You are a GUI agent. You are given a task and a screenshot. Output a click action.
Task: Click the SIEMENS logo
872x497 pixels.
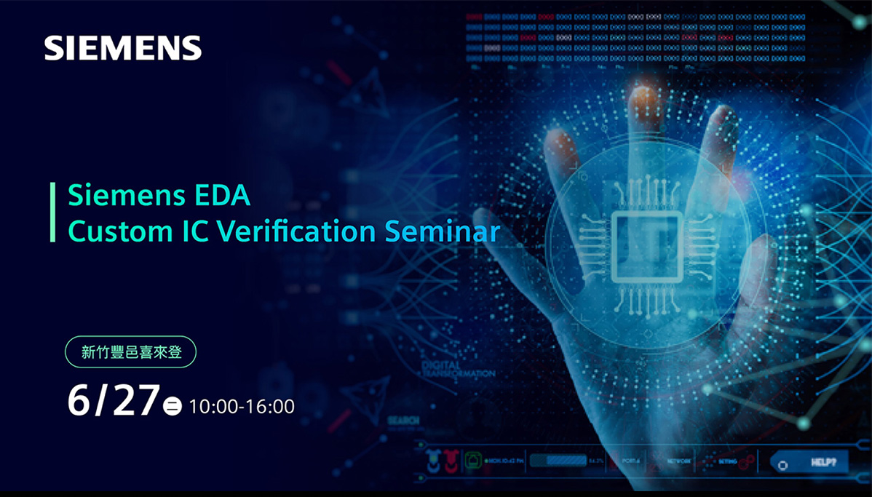tap(122, 48)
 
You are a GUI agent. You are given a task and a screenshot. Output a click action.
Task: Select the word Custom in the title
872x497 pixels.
tap(108, 231)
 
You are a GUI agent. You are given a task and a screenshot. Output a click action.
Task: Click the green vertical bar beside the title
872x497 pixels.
tap(52, 212)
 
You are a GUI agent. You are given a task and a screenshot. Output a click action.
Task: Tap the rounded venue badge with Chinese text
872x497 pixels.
tap(130, 352)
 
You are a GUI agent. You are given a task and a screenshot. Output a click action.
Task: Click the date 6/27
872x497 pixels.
tap(113, 400)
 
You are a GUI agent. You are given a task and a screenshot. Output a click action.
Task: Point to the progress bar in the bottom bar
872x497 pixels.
tap(558, 460)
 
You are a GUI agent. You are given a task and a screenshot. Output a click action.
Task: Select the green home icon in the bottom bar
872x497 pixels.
tap(473, 460)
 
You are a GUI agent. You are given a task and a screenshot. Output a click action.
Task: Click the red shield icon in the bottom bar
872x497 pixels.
tap(451, 460)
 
